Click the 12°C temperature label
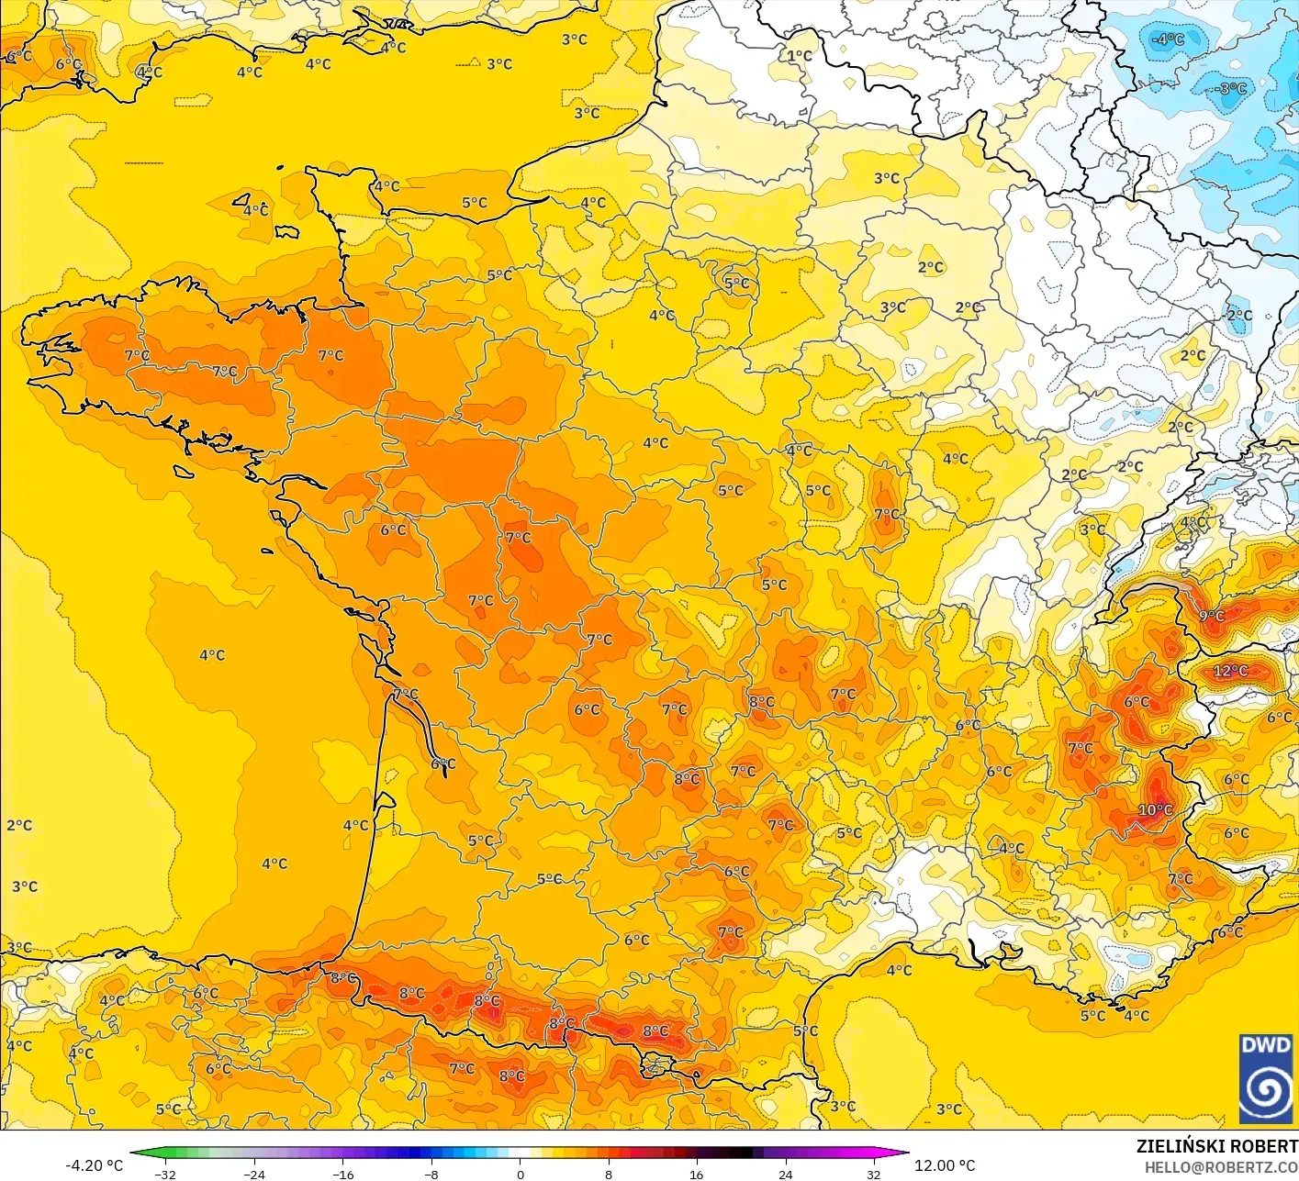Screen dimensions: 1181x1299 (1230, 671)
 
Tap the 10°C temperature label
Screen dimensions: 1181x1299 (1155, 809)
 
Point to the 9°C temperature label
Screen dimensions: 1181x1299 (1212, 616)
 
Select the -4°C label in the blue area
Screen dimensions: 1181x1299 (1168, 39)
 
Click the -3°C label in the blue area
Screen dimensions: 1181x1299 (1231, 89)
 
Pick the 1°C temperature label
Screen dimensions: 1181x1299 (800, 55)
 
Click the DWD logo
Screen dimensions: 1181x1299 (1266, 1078)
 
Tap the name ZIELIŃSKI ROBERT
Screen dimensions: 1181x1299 (1216, 1146)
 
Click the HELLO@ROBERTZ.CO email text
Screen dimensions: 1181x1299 (1221, 1166)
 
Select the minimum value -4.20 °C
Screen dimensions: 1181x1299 (94, 1165)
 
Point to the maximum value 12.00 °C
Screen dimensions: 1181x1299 (945, 1165)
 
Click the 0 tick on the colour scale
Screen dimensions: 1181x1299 (520, 1174)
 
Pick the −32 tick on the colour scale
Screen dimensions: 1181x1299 (165, 1174)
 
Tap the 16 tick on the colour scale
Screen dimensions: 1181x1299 (697, 1174)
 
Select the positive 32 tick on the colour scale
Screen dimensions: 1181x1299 (873, 1174)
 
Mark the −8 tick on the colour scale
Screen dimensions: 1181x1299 (431, 1174)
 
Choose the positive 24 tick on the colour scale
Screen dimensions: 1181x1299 (785, 1174)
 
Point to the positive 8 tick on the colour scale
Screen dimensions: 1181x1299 (608, 1174)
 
